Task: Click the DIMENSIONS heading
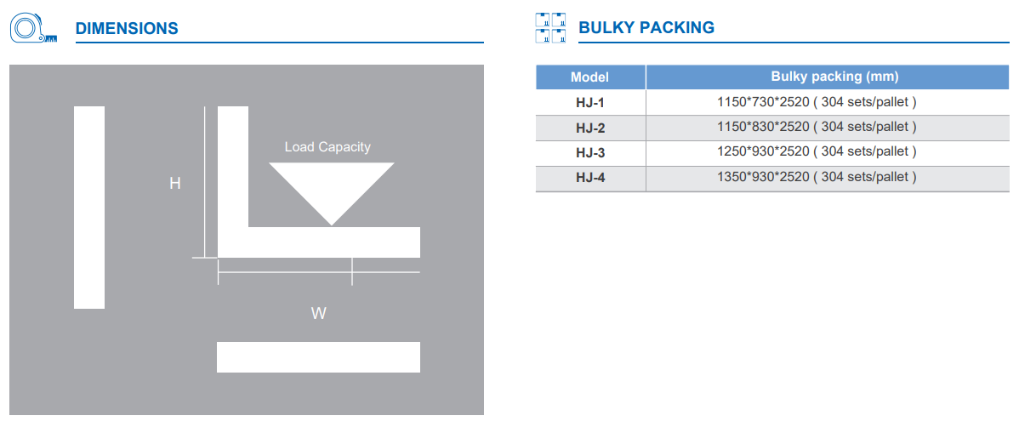127,29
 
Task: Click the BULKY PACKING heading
646,28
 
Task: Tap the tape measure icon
33,29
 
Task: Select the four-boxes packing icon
551,28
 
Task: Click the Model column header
589,77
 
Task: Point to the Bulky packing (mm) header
834,77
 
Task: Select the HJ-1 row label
590,102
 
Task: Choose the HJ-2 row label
590,127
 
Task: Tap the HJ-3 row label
590,152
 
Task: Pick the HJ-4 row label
590,177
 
